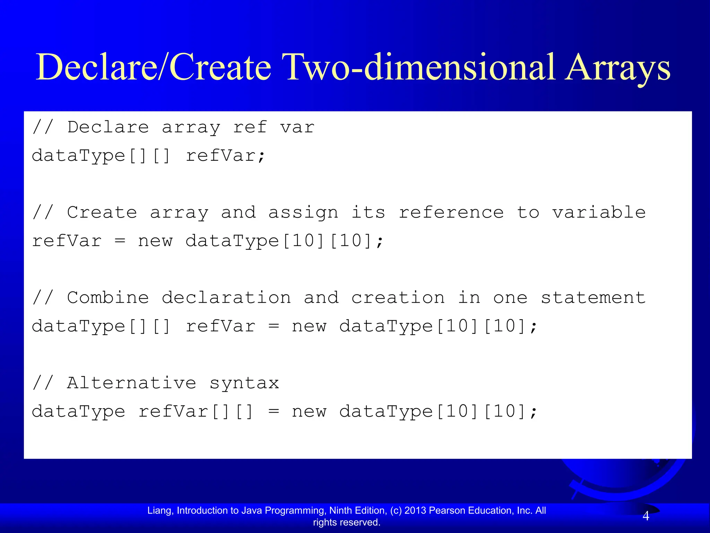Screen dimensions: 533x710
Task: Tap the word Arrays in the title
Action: coord(617,68)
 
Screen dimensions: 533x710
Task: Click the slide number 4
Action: coord(646,516)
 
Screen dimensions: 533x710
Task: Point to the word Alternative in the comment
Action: coord(132,383)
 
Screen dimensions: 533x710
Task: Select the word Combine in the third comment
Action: coord(108,298)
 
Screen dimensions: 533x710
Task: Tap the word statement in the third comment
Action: coord(593,298)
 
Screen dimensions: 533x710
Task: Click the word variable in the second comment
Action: coord(599,212)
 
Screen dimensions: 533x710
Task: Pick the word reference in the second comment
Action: coord(451,212)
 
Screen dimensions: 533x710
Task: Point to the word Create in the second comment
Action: coord(102,212)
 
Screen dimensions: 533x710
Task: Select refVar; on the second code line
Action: coord(226,156)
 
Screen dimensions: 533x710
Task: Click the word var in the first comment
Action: coord(297,127)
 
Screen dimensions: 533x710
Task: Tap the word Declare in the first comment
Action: coord(108,127)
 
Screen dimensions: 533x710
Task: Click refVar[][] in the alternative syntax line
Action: coord(196,412)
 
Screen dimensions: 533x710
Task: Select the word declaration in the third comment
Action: coord(226,298)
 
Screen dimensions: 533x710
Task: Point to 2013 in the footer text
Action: coord(415,510)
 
